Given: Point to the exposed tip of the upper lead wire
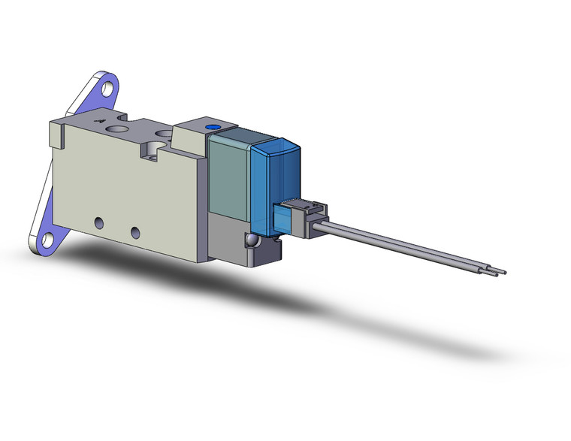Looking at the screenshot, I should pos(503,271).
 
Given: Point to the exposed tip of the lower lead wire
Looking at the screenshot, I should pos(496,275).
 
